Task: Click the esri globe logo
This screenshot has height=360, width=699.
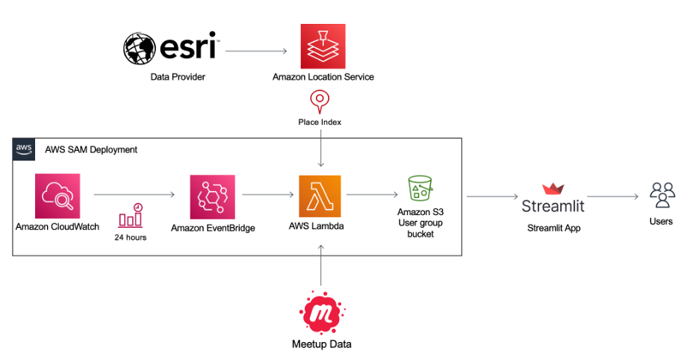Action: point(140,48)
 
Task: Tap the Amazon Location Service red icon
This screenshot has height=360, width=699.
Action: point(323,46)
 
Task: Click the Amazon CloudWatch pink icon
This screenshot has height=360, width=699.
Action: point(57,196)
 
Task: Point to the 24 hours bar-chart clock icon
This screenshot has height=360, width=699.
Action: point(131,217)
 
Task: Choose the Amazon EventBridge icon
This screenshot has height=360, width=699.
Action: point(212,197)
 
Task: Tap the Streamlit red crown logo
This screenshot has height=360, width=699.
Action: point(553,189)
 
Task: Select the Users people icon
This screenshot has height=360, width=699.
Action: point(662,195)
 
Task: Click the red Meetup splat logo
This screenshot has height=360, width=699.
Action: point(321,312)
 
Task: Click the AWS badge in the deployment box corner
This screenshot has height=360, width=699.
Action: point(24,149)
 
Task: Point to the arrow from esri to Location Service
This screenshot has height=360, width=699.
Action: point(256,52)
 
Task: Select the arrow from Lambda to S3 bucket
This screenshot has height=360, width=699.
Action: point(373,196)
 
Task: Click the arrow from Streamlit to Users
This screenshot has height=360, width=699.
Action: point(612,197)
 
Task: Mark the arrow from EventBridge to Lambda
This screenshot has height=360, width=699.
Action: point(267,196)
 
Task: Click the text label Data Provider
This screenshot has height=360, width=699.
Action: point(177,77)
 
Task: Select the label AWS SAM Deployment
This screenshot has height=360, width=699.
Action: point(91,149)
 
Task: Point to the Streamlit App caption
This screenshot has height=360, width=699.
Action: point(553,228)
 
